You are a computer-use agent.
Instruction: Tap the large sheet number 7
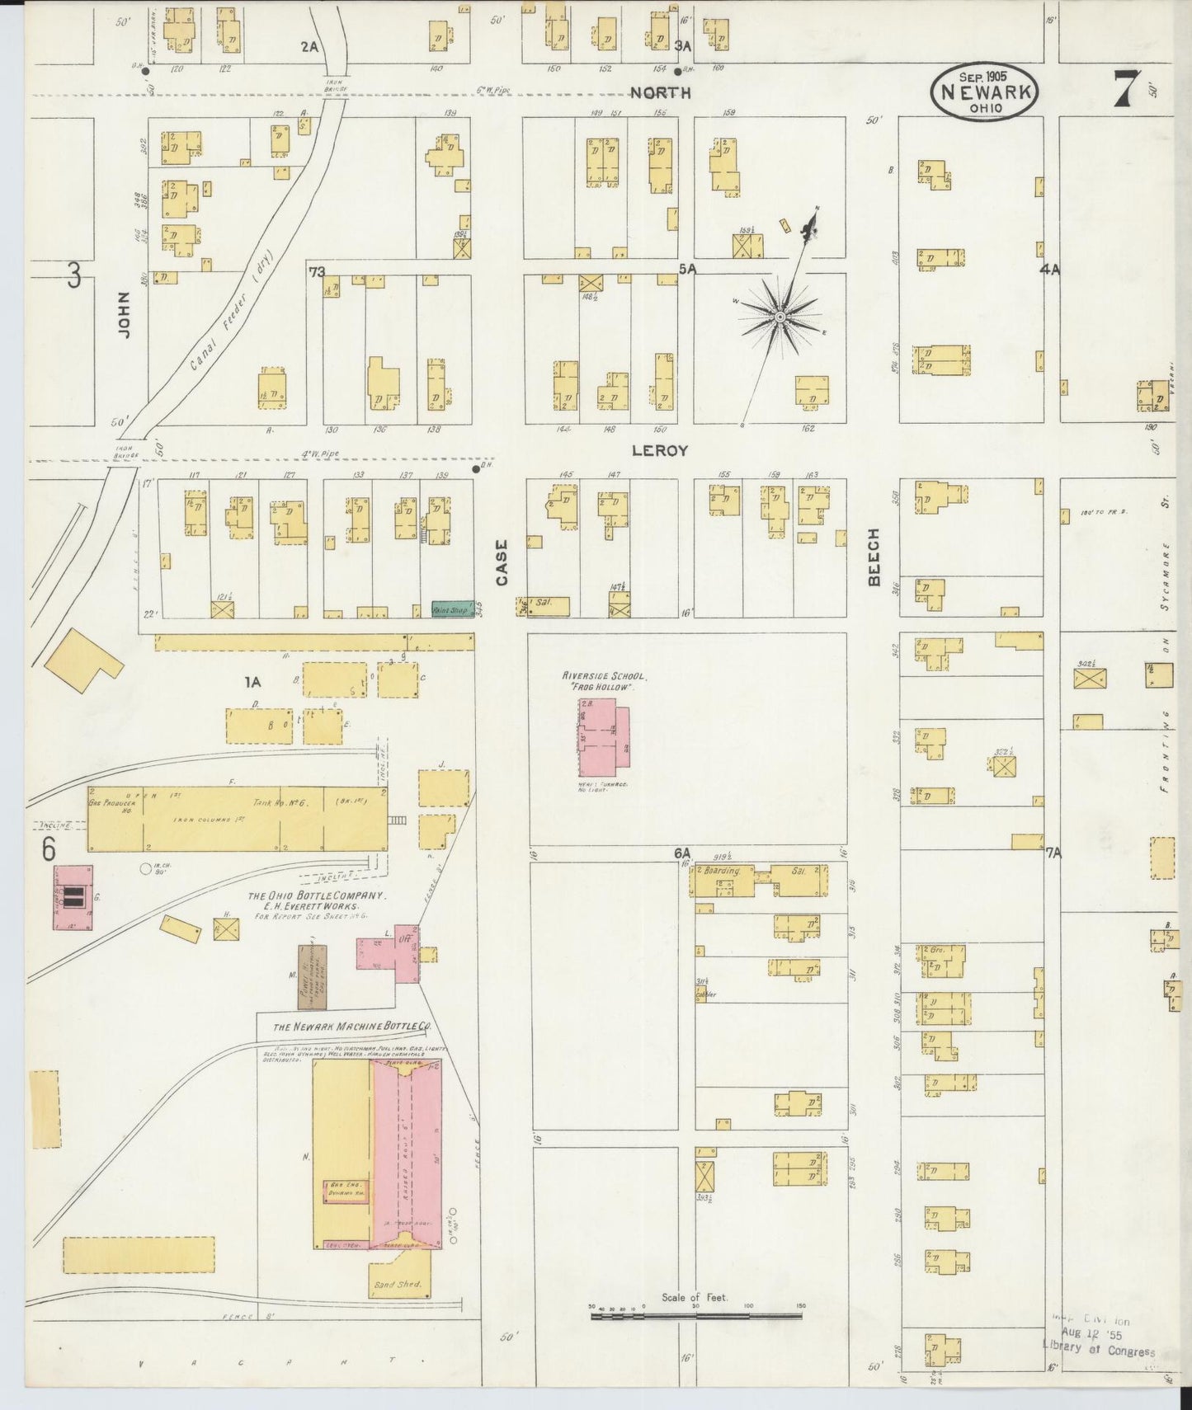(1126, 89)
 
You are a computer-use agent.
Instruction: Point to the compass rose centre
(779, 317)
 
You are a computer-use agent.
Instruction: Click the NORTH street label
(660, 93)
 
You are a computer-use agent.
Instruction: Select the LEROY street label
(659, 451)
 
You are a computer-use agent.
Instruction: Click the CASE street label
(501, 562)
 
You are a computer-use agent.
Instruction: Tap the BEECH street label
(874, 557)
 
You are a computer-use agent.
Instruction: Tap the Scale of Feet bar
(695, 1316)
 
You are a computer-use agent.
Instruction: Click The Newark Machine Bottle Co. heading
(352, 1027)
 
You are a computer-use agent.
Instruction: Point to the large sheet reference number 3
(73, 275)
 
